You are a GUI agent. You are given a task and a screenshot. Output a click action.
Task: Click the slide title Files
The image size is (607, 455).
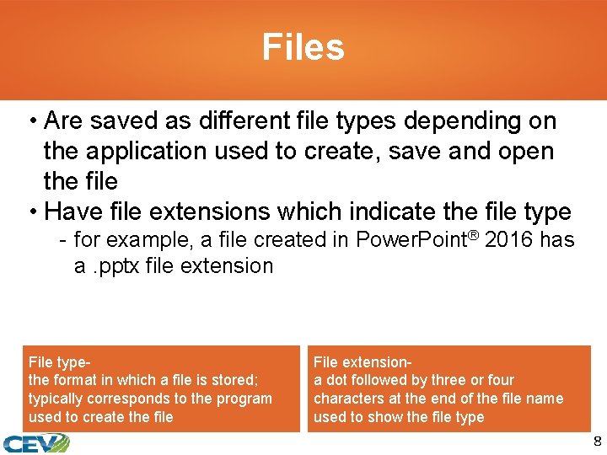303,47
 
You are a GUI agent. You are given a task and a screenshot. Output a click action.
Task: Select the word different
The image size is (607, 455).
244,121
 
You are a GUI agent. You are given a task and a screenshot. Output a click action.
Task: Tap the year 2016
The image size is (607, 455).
510,240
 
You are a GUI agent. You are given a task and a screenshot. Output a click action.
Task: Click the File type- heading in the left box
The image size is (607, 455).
59,362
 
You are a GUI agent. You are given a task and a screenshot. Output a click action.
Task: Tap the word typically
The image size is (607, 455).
57,399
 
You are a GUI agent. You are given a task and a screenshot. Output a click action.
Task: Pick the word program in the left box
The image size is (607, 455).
245,399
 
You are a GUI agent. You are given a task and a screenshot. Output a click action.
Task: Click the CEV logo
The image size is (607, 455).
35,442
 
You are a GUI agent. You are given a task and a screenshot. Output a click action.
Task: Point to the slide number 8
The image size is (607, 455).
597,442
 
